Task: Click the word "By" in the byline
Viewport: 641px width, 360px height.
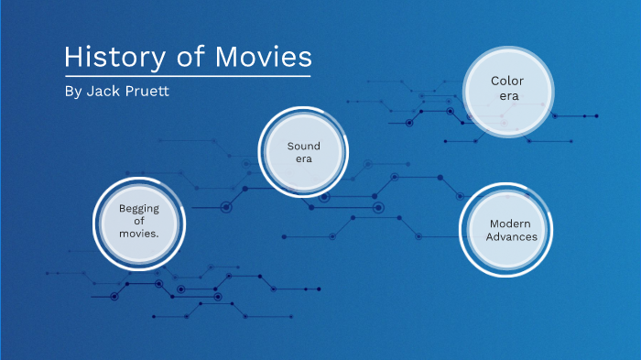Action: point(72,92)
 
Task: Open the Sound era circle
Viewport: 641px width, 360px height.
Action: point(303,152)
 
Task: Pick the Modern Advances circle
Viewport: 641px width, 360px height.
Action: point(511,230)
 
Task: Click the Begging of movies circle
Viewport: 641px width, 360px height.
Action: point(139,221)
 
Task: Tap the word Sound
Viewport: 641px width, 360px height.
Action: point(303,146)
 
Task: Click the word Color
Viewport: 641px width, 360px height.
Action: point(506,81)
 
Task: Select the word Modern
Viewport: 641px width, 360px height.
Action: point(511,224)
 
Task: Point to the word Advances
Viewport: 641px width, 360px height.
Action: point(511,237)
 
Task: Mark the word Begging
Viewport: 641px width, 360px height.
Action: point(139,208)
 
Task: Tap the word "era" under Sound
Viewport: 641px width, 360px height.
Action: point(303,158)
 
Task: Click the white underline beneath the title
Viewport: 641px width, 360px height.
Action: point(188,75)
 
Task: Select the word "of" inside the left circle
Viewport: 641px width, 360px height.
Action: point(139,221)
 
